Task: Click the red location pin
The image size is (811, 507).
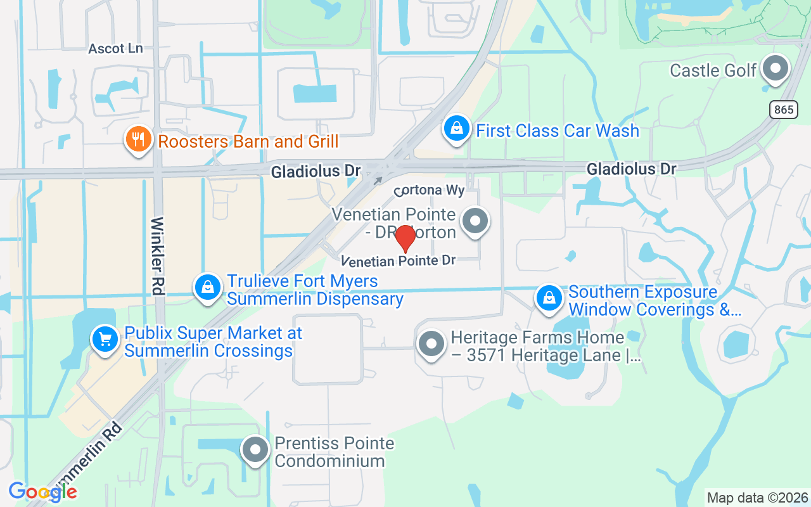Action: [405, 238]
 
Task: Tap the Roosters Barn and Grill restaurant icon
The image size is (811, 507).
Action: [137, 139]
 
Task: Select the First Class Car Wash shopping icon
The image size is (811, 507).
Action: [456, 129]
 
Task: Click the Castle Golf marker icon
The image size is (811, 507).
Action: [774, 68]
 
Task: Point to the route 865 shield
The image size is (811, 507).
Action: [784, 109]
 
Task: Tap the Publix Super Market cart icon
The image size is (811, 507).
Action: [105, 340]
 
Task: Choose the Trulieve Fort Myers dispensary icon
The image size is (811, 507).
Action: [207, 288]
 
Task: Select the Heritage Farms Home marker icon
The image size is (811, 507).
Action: [432, 345]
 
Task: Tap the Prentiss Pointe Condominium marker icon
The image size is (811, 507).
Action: [256, 450]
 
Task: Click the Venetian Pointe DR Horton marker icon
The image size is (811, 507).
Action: [475, 222]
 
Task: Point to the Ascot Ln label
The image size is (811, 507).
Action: [115, 49]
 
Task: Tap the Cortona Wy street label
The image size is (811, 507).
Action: [430, 190]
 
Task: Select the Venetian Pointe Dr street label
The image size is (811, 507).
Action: [399, 260]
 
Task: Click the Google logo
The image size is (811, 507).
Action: [42, 491]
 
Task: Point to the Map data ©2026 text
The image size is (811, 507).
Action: [758, 497]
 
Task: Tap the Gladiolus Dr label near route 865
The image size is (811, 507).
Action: [631, 169]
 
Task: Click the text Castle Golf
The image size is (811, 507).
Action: [713, 70]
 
